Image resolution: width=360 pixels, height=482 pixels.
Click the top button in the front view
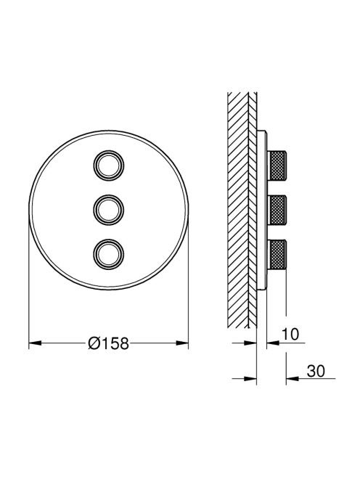point(109,166)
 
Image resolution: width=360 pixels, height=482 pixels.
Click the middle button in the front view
point(109,210)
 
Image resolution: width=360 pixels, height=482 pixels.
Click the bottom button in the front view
point(109,253)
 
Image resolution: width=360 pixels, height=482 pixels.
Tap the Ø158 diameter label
point(108,343)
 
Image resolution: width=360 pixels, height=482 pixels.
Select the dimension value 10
point(290,334)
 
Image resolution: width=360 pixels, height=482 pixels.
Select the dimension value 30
point(316,371)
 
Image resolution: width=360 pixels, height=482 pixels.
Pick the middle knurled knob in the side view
point(277,210)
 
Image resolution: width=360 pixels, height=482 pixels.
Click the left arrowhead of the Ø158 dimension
point(35,343)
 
